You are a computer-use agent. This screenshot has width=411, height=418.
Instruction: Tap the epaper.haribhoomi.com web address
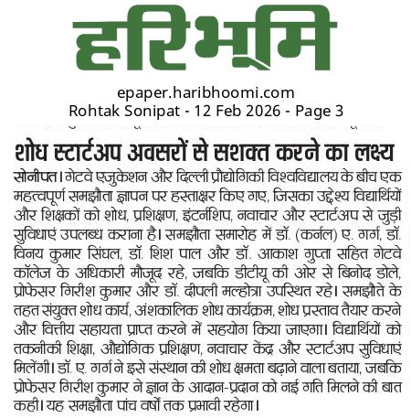(x=205, y=93)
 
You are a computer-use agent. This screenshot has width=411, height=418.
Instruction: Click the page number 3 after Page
(x=339, y=112)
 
